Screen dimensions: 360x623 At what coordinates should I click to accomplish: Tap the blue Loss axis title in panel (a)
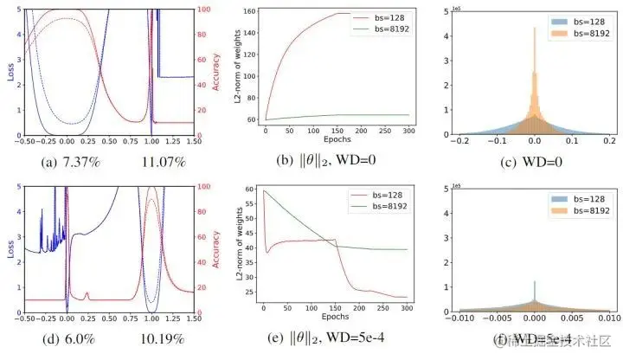(x=11, y=70)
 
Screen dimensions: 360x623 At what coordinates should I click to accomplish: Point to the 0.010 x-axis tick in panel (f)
(x=606, y=318)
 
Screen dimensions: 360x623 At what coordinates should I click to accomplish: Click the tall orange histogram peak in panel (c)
(x=533, y=35)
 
